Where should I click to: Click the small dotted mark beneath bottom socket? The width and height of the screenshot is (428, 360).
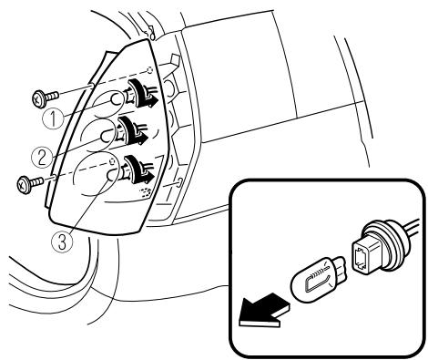[x=148, y=194]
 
